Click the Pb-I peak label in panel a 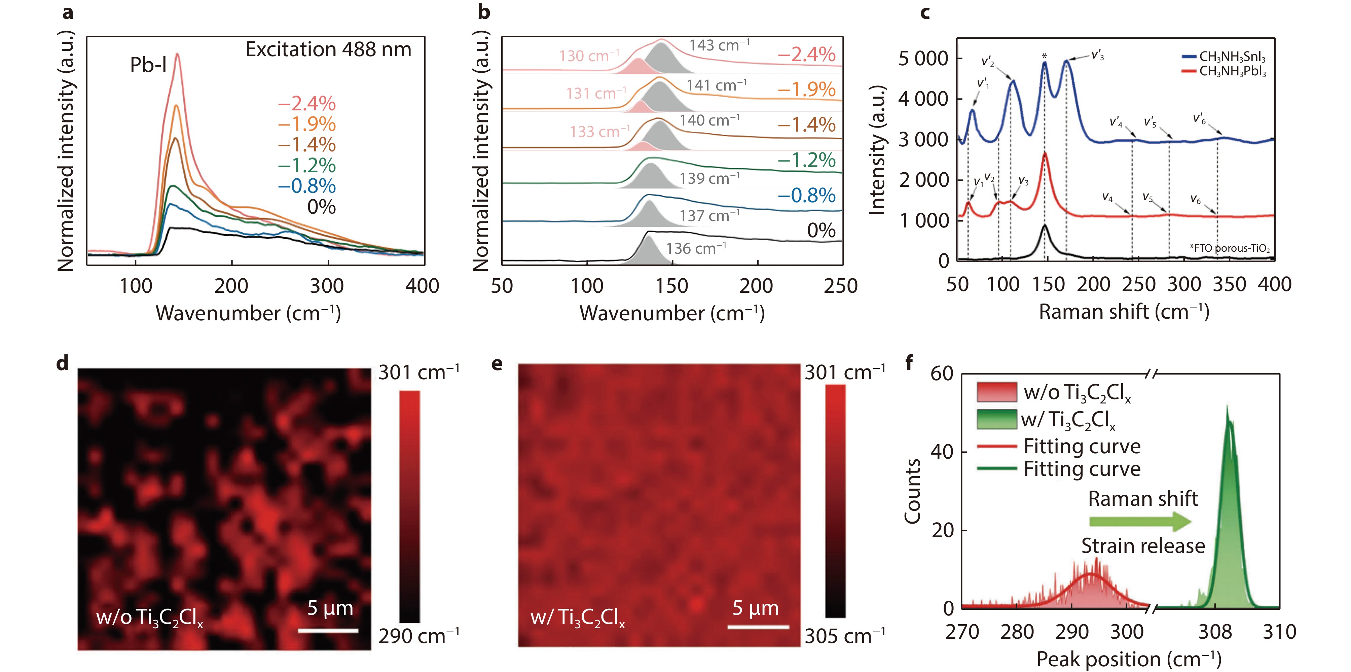coord(148,65)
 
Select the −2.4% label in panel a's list coord(307,103)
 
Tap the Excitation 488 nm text coord(328,49)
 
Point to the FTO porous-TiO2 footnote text coord(1229,248)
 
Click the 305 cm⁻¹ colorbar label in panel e coord(844,636)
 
